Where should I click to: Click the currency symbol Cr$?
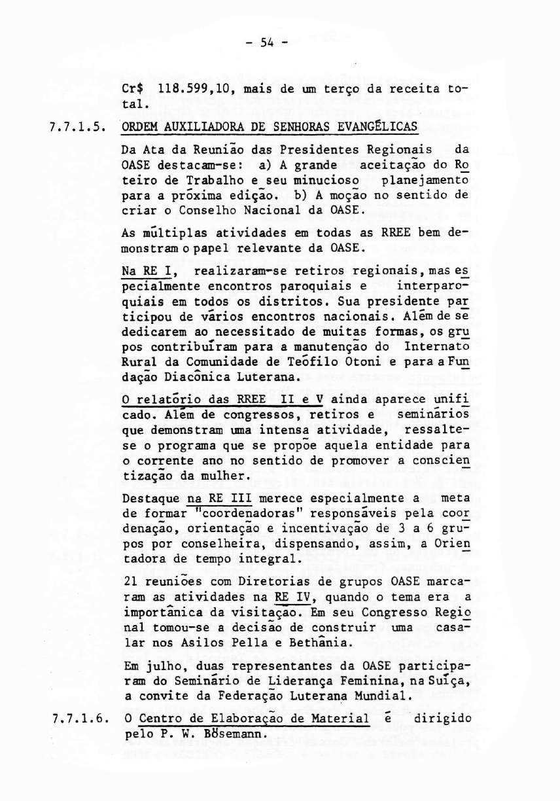(136, 88)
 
